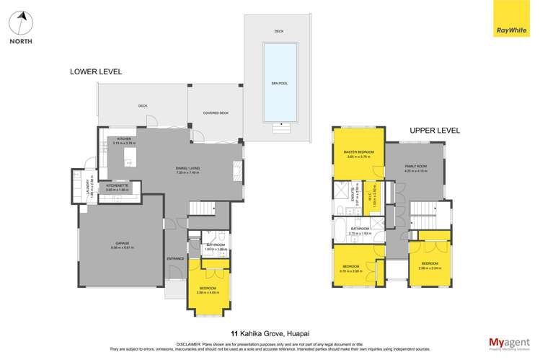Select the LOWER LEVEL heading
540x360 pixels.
click(x=96, y=72)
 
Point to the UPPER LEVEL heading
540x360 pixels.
click(x=434, y=131)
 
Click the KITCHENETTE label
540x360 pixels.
click(x=117, y=185)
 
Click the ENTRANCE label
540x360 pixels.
click(x=176, y=258)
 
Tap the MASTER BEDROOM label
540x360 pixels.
click(x=358, y=152)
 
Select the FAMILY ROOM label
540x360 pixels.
click(x=415, y=167)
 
